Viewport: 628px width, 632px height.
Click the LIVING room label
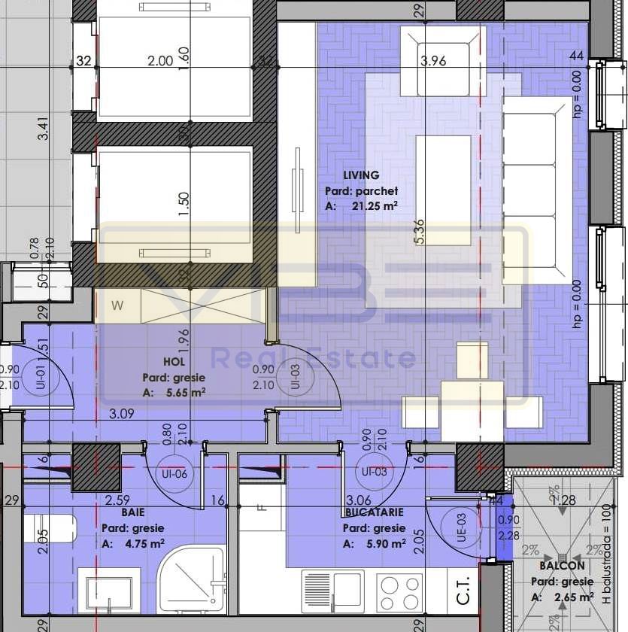tap(361, 175)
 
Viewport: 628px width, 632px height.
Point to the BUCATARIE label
tap(373, 511)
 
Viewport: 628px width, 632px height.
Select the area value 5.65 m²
tap(184, 392)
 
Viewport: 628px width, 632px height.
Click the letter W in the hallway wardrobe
tap(117, 305)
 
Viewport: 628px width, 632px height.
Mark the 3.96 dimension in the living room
tap(433, 61)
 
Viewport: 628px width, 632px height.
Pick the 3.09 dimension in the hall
tap(122, 413)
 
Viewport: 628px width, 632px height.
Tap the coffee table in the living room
tap(443, 190)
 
